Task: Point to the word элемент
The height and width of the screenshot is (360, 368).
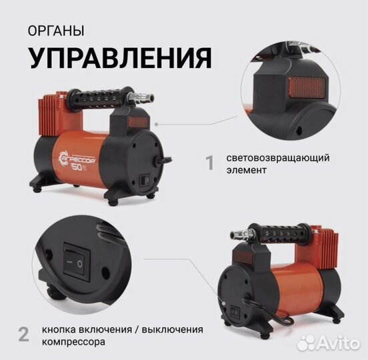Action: pos(245,171)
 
